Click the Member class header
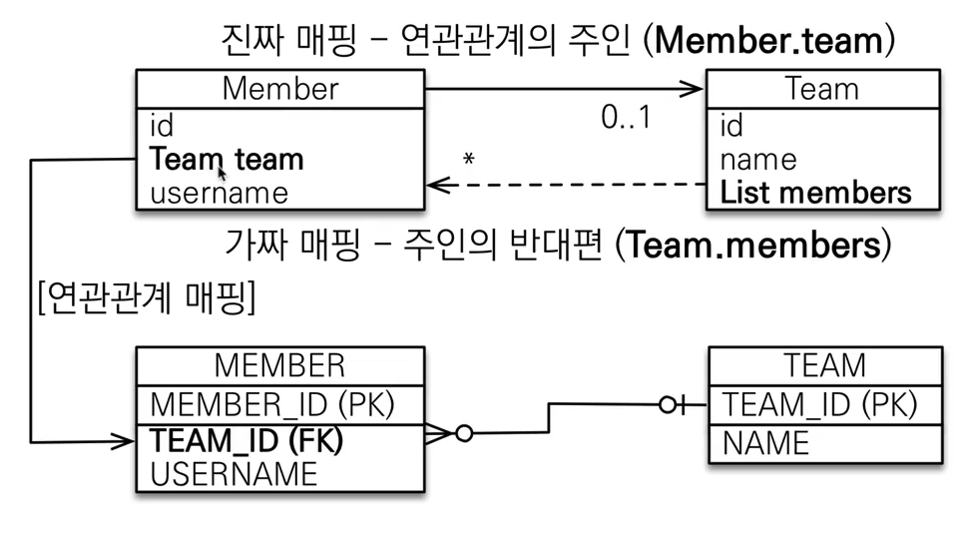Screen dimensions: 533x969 (280, 88)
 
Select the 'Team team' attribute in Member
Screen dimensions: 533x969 (227, 159)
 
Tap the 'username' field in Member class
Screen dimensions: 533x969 (219, 193)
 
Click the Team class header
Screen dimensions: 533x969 (822, 88)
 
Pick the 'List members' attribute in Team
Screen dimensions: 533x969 (815, 193)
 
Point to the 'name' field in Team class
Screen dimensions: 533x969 (758, 160)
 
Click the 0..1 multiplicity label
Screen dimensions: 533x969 (626, 118)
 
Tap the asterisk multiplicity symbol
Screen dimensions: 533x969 (468, 160)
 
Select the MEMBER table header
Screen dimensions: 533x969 (279, 365)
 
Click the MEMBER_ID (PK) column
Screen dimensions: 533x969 (272, 404)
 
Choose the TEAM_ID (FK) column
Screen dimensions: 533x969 (246, 440)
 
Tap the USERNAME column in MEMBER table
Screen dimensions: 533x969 (234, 473)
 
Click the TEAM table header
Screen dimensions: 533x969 (825, 365)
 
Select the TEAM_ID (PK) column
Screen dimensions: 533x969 (819, 404)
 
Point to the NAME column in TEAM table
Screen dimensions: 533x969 (765, 442)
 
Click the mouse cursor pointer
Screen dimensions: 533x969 (223, 171)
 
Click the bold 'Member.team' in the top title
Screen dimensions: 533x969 (770, 41)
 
